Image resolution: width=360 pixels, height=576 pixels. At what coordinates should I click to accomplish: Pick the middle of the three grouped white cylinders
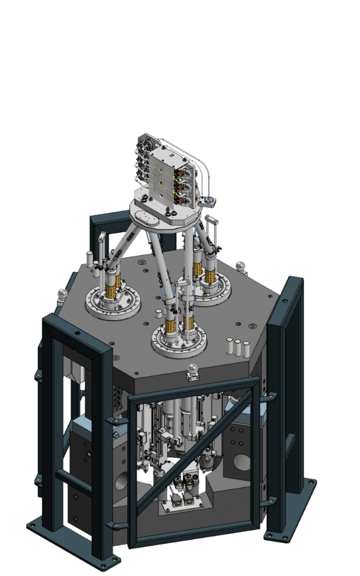237,348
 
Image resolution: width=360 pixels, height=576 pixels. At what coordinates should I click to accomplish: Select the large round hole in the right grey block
242,462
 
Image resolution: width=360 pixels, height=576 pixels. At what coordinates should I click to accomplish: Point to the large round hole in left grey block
122,481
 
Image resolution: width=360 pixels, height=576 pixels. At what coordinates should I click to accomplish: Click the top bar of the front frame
194,388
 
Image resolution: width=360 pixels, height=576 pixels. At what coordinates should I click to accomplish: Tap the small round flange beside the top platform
210,200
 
